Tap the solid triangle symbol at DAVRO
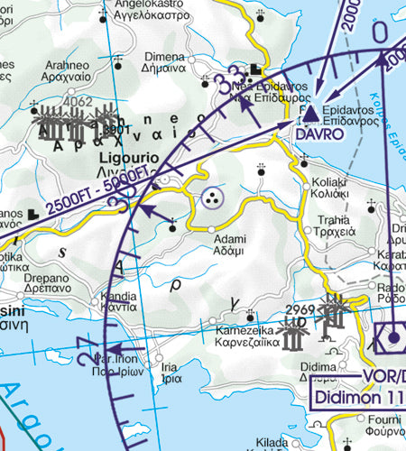310,114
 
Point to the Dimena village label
163,56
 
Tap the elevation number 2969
299,309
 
